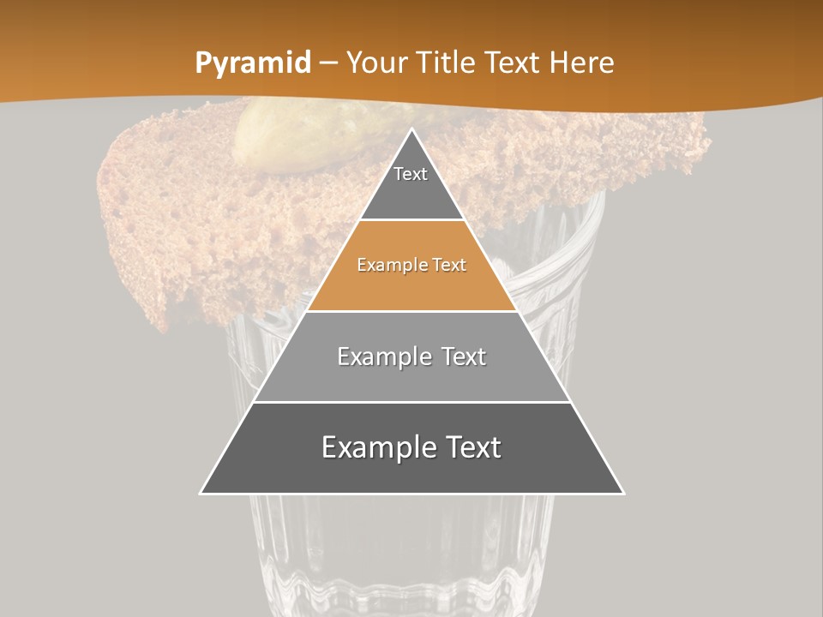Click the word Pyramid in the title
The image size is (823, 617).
(x=252, y=63)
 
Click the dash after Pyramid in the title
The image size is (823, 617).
(x=328, y=63)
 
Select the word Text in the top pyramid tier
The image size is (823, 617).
(x=411, y=174)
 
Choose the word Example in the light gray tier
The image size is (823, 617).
(x=383, y=356)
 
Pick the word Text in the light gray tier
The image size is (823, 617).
(x=464, y=356)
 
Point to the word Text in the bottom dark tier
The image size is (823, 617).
(x=472, y=447)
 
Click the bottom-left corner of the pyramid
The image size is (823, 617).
(x=201, y=494)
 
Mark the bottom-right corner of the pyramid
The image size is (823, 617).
(x=623, y=494)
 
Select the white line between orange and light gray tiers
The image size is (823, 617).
(x=412, y=311)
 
